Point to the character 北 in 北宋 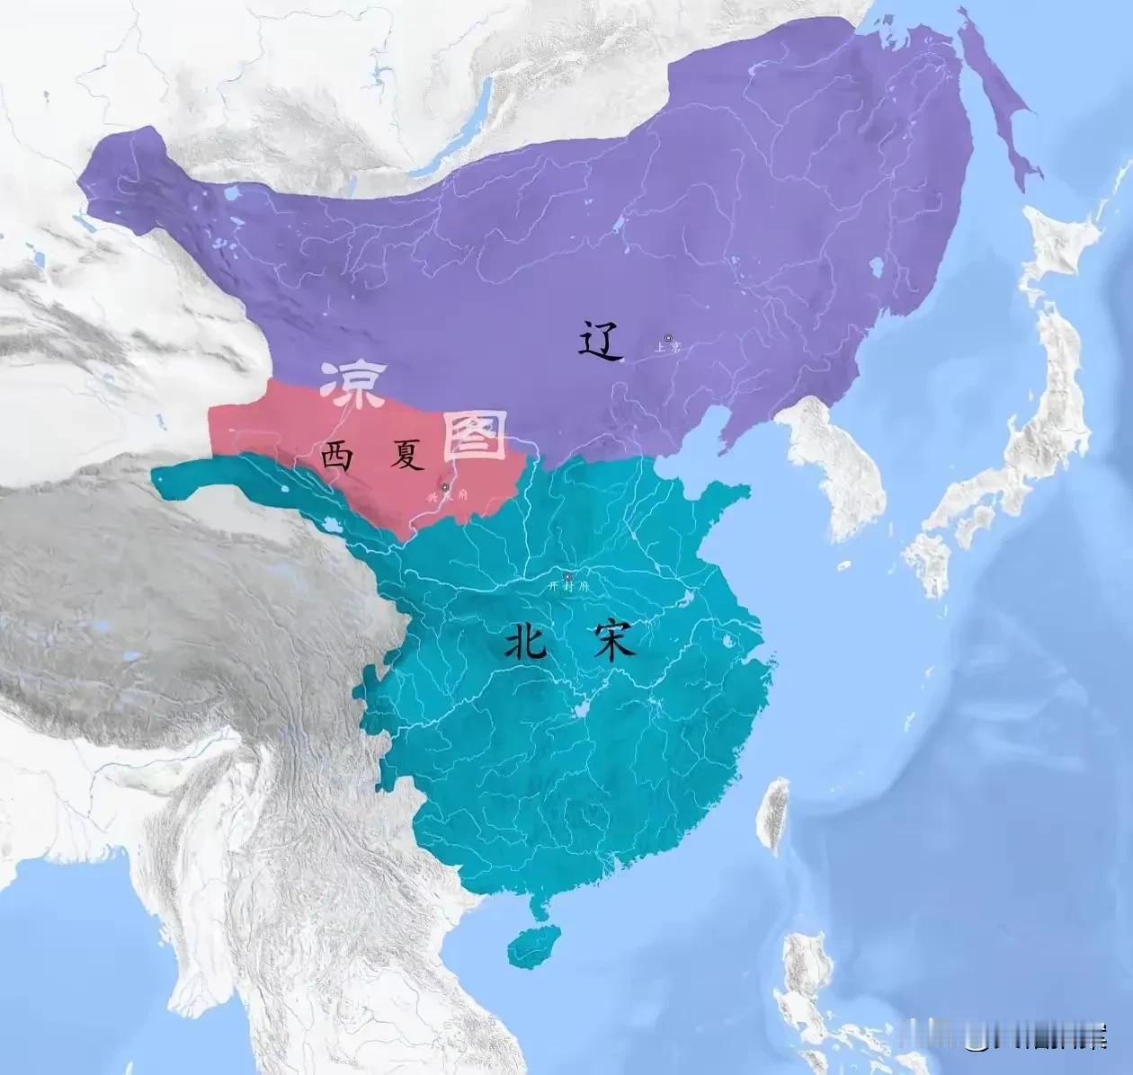click(525, 642)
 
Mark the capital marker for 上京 click(668, 337)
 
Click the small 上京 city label click(667, 348)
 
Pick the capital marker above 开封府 click(566, 575)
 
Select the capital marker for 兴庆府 click(445, 486)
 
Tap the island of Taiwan click(772, 813)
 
